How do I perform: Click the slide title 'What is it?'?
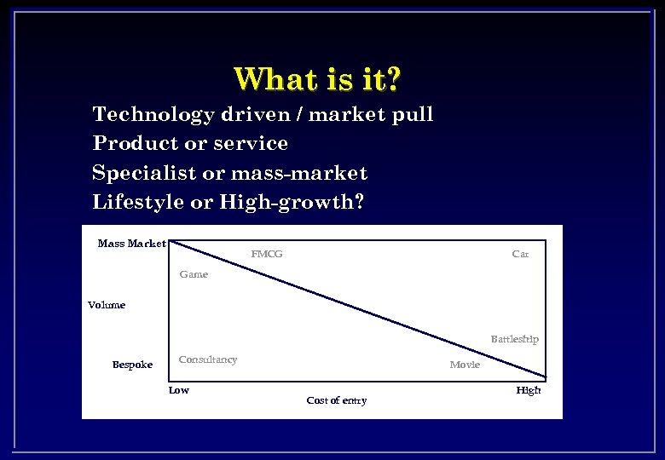[x=317, y=79]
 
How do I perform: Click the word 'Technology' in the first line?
[x=153, y=114]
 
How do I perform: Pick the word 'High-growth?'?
[x=291, y=202]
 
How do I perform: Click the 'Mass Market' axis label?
[x=132, y=244]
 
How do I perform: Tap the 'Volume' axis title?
[x=107, y=305]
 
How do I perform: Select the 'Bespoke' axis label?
[x=132, y=365]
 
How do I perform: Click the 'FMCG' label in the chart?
[x=267, y=254]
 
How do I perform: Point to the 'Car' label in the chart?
[x=520, y=254]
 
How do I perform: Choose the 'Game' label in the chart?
[x=194, y=274]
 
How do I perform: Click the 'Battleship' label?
[x=514, y=339]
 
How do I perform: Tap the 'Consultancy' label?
[x=208, y=359]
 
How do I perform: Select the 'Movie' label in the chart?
[x=465, y=365]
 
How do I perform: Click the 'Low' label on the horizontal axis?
[x=179, y=390]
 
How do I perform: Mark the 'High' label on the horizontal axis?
[x=528, y=390]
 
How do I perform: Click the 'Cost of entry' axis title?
[x=336, y=400]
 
